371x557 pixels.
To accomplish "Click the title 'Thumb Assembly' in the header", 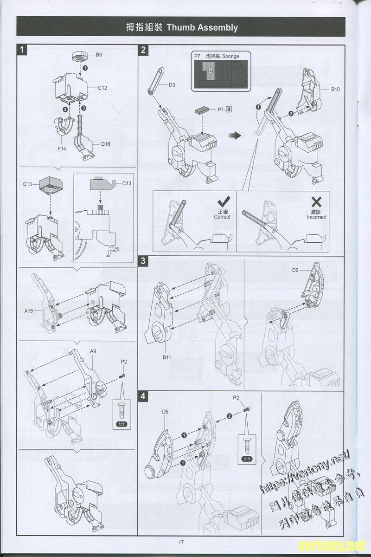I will pyautogui.click(x=202, y=27).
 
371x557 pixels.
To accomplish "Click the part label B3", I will pyautogui.click(x=99, y=55).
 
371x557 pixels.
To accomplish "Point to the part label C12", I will pyautogui.click(x=102, y=88).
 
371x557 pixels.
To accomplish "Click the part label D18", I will pyautogui.click(x=106, y=144).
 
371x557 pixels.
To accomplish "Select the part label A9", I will pyautogui.click(x=93, y=351).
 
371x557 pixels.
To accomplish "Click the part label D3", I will pyautogui.click(x=172, y=84).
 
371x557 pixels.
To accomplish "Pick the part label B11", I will pyautogui.click(x=167, y=357).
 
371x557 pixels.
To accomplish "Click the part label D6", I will pyautogui.click(x=295, y=270).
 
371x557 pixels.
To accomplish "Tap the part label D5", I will pyautogui.click(x=165, y=412).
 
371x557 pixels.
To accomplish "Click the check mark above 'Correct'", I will pyautogui.click(x=224, y=202).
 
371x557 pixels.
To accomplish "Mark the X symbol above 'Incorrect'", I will pyautogui.click(x=316, y=201).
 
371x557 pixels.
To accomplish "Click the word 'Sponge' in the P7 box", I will pyautogui.click(x=230, y=56).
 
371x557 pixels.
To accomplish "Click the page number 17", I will pyautogui.click(x=181, y=542).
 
